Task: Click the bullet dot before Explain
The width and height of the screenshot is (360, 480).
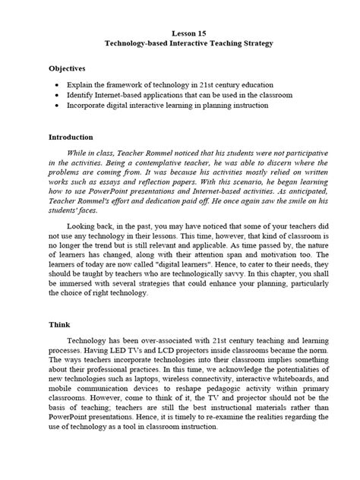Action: coord(59,85)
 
